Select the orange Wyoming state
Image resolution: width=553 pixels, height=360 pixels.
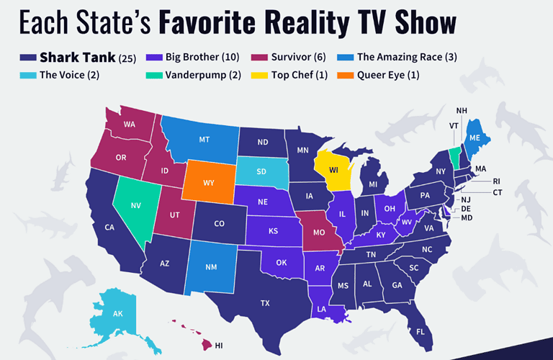click(209, 183)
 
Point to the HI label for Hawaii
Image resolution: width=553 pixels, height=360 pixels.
click(219, 346)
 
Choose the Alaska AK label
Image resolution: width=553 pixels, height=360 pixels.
click(117, 315)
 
